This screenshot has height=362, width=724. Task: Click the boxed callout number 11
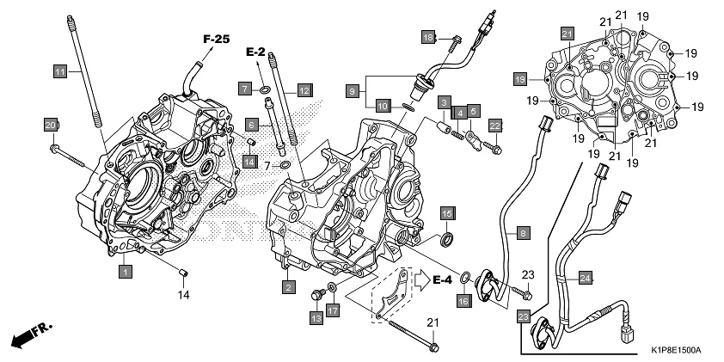coord(59,71)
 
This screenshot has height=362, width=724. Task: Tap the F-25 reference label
coord(217,39)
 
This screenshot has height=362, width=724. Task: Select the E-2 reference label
coord(255,53)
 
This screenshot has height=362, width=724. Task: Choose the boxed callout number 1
coord(126,272)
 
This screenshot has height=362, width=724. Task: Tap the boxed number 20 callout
coord(51,126)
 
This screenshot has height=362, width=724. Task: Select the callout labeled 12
coord(304,89)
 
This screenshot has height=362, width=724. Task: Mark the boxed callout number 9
coord(352,89)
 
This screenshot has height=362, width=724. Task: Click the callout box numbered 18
coord(428,37)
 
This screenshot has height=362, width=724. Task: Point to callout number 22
coord(495,126)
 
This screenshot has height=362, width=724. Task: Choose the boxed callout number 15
coord(447,212)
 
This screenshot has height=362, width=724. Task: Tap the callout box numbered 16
coord(463,301)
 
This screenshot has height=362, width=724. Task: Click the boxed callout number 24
coord(584,278)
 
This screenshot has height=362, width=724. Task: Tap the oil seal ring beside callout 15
coord(448,239)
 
